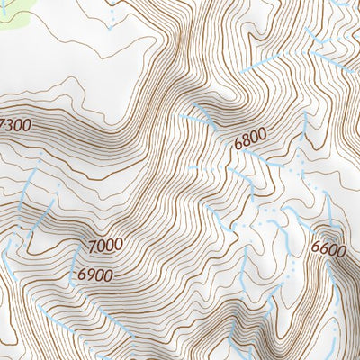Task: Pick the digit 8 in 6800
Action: tap(247, 141)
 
